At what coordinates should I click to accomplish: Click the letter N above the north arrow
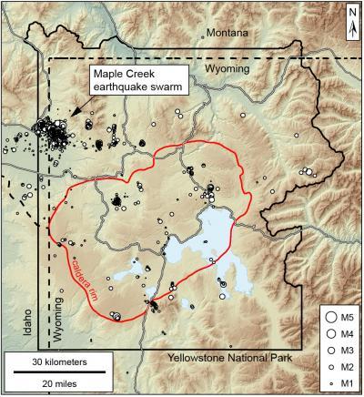(x=351, y=11)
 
